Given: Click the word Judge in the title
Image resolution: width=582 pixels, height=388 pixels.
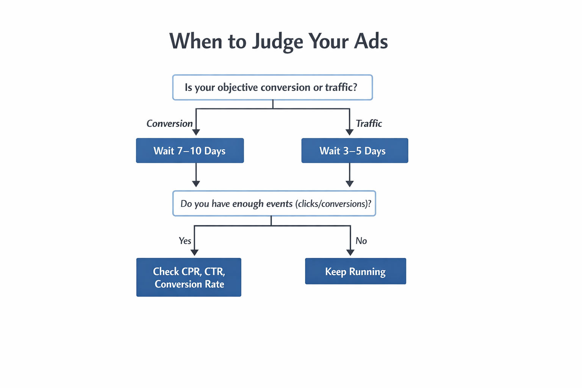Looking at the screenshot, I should tap(278, 42).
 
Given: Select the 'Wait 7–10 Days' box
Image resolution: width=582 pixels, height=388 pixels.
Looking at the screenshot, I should tap(190, 151).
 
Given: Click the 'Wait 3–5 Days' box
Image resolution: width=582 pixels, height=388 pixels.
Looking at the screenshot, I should tap(355, 151).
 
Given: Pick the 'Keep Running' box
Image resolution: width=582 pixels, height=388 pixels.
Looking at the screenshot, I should tap(355, 271).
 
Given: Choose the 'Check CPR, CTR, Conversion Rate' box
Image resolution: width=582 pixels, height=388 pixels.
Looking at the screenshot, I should tap(189, 277).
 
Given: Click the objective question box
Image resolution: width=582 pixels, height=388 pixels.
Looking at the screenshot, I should tap(272, 88).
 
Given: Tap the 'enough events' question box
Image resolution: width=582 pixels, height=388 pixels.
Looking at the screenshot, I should tap(274, 203).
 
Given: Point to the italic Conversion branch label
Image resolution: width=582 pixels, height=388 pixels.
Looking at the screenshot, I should tap(169, 124).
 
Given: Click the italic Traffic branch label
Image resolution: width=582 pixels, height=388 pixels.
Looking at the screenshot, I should tap(369, 124).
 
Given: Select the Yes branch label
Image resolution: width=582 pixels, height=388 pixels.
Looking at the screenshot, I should tap(185, 241).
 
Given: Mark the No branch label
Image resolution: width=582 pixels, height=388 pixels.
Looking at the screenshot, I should tap(361, 241).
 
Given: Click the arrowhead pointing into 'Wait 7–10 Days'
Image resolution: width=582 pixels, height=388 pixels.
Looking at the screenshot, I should tap(196, 132).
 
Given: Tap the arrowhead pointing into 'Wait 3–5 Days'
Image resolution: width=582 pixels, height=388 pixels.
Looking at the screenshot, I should tap(349, 132).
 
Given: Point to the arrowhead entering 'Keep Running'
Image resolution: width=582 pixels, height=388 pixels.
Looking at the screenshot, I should tap(350, 252).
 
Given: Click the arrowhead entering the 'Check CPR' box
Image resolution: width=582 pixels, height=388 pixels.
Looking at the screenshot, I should tap(194, 252).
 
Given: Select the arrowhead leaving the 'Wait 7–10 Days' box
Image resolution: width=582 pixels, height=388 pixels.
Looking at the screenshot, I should tap(196, 183).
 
